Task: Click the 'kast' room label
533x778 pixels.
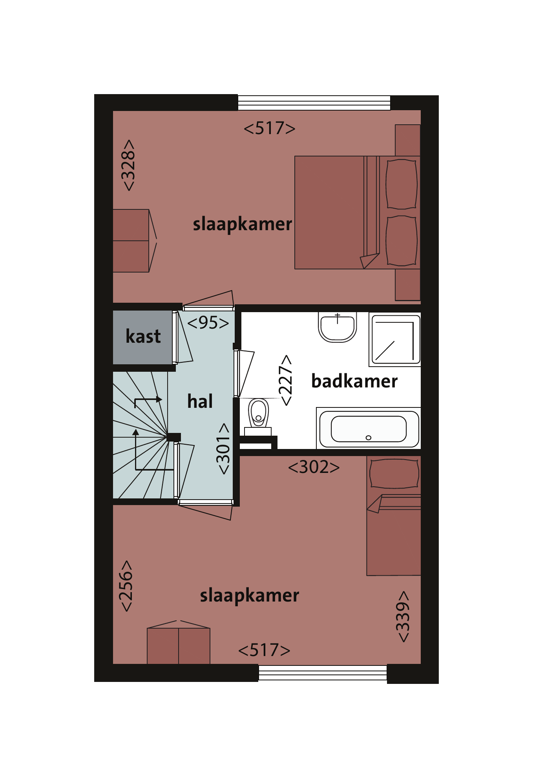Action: point(143,336)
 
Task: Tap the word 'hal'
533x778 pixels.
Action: point(200,401)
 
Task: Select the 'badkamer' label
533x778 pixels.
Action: point(354,381)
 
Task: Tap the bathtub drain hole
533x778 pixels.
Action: point(368,438)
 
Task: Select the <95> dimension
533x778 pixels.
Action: point(208,323)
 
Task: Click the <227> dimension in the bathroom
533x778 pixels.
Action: point(286,380)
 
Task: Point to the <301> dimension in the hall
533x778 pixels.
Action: point(223,449)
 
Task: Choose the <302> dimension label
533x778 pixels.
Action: point(314,467)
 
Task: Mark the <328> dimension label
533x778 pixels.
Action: point(128,165)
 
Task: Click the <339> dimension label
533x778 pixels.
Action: point(403,616)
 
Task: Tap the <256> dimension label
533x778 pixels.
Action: point(126,586)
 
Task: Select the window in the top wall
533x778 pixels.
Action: point(314,103)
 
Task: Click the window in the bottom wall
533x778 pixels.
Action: point(323,673)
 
